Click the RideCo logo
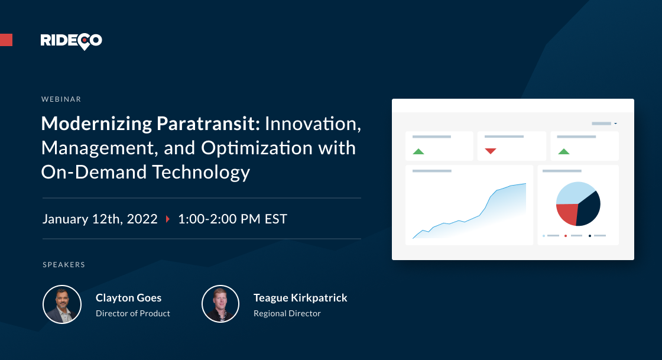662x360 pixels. (71, 40)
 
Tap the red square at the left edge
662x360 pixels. (6, 40)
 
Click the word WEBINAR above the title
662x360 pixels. (61, 99)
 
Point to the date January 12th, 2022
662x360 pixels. (100, 219)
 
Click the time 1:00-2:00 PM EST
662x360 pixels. (232, 219)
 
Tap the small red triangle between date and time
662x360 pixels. (168, 219)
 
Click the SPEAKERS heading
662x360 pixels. (64, 264)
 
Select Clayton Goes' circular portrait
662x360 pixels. (62, 304)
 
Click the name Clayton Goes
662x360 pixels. (128, 298)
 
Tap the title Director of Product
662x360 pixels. (133, 313)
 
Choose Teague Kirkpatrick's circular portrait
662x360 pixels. (220, 304)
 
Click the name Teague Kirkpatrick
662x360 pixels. (300, 298)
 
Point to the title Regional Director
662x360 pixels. (287, 313)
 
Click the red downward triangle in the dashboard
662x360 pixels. (490, 151)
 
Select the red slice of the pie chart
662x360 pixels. (567, 213)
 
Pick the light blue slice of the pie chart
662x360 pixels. (573, 192)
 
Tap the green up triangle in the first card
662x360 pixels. (418, 151)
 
